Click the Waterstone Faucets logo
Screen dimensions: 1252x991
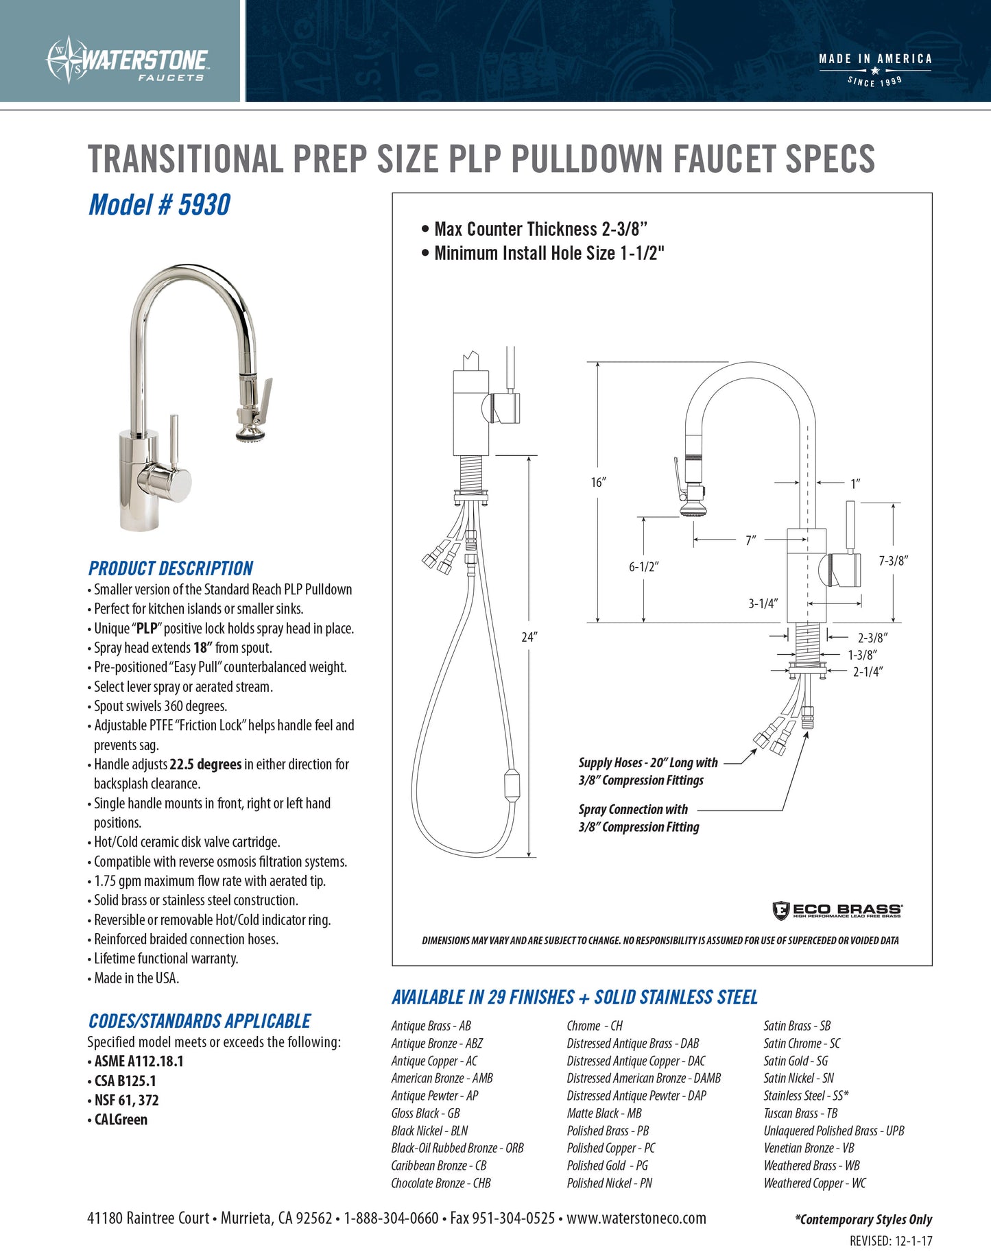pos(128,60)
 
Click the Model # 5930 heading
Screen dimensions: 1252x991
pos(159,205)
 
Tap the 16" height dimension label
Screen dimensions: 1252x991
pos(598,483)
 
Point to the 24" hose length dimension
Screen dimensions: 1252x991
pos(529,637)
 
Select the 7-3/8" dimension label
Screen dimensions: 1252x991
pos(893,561)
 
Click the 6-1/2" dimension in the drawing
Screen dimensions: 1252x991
pos(643,567)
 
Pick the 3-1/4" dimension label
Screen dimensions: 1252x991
pos(762,603)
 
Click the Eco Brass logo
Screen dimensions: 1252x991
pos(837,911)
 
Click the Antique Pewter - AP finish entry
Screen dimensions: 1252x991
pos(434,1096)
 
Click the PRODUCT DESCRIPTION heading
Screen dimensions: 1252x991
pos(171,568)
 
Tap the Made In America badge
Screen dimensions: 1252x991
pos(875,69)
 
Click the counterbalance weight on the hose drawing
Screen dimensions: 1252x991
pos(512,786)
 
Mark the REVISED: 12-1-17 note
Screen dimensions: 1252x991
pos(890,1240)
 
